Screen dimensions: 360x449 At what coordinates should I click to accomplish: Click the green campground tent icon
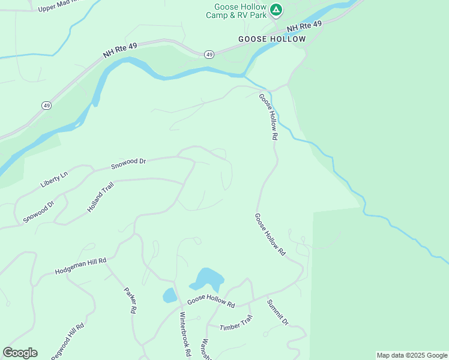click(276, 10)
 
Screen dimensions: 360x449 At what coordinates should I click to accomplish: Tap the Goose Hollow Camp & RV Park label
click(236, 11)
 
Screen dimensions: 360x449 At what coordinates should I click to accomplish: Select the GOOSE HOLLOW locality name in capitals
click(272, 39)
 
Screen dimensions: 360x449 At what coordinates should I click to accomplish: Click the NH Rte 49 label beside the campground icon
click(304, 26)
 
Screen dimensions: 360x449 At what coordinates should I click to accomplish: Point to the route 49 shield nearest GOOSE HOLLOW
click(209, 55)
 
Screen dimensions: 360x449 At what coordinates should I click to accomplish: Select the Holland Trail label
click(100, 197)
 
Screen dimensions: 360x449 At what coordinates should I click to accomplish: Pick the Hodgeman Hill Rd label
click(80, 265)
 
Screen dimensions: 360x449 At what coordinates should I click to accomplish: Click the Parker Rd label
click(131, 301)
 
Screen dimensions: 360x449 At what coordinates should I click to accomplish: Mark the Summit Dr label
click(278, 313)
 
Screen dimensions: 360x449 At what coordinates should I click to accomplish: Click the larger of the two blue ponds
click(208, 279)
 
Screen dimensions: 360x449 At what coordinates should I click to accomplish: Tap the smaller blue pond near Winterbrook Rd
click(170, 295)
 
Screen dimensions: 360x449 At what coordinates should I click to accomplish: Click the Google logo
click(20, 353)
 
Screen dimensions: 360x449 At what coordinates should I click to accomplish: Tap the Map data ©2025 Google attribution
click(411, 355)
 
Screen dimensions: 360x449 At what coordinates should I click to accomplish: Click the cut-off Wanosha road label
click(205, 349)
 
